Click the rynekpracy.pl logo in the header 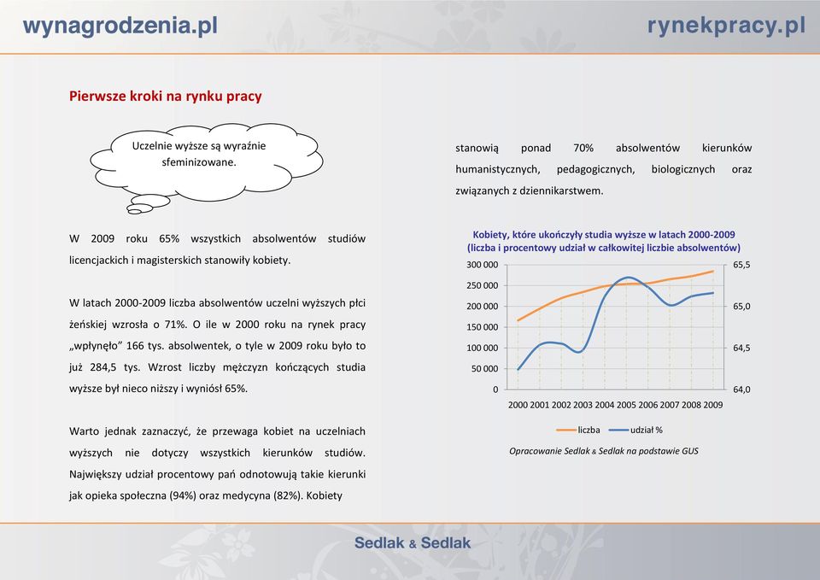click(x=726, y=26)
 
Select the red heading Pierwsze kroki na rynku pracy click(x=165, y=97)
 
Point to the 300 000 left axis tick click(x=482, y=265)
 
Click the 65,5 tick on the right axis click(x=741, y=265)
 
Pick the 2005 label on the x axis click(x=626, y=405)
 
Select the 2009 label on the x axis click(x=712, y=405)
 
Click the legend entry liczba click(x=578, y=430)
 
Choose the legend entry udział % click(x=635, y=430)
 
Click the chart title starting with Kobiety click(x=604, y=241)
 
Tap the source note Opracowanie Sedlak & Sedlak click(x=604, y=451)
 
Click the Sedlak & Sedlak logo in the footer click(x=413, y=543)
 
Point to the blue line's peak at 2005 click(x=627, y=277)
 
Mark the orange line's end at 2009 click(x=713, y=271)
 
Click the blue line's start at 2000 click(x=518, y=370)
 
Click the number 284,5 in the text click(x=103, y=367)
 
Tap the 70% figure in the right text click(x=583, y=148)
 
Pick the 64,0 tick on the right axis click(x=741, y=390)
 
